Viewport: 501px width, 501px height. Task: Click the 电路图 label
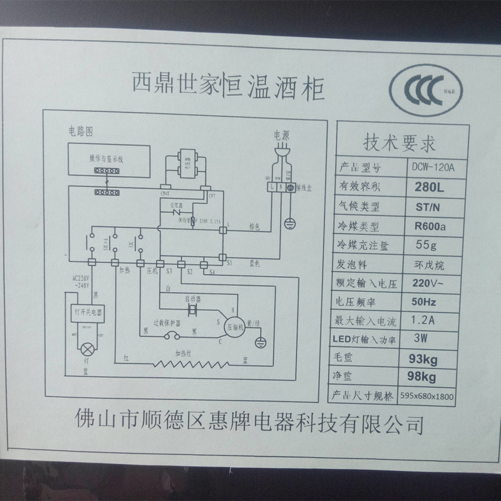click(80, 132)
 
